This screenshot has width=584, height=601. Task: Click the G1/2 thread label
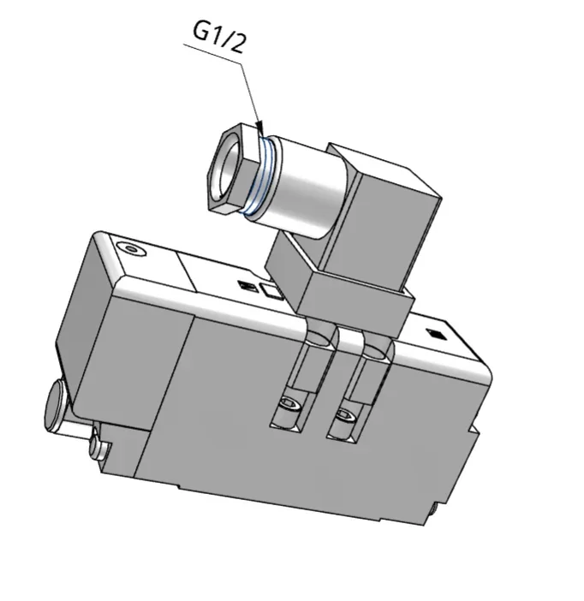[x=218, y=37]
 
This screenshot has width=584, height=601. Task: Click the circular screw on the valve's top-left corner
[x=132, y=249]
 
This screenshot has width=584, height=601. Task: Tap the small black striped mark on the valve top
[x=247, y=286]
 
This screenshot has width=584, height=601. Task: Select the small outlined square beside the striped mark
[x=271, y=290]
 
